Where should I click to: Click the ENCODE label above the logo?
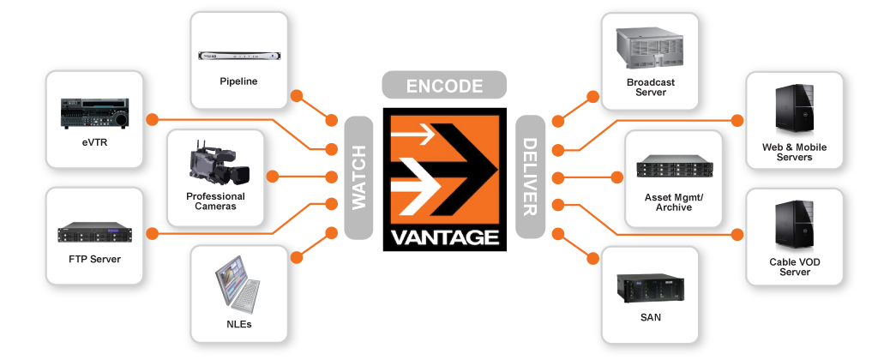[x=444, y=86]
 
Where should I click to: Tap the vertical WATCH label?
[x=359, y=177]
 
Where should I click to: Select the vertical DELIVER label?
[x=530, y=177]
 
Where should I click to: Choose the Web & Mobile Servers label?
[x=794, y=153]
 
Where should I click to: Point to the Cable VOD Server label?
[x=795, y=267]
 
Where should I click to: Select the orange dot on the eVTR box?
[x=151, y=117]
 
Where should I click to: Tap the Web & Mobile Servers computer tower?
[x=794, y=111]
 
